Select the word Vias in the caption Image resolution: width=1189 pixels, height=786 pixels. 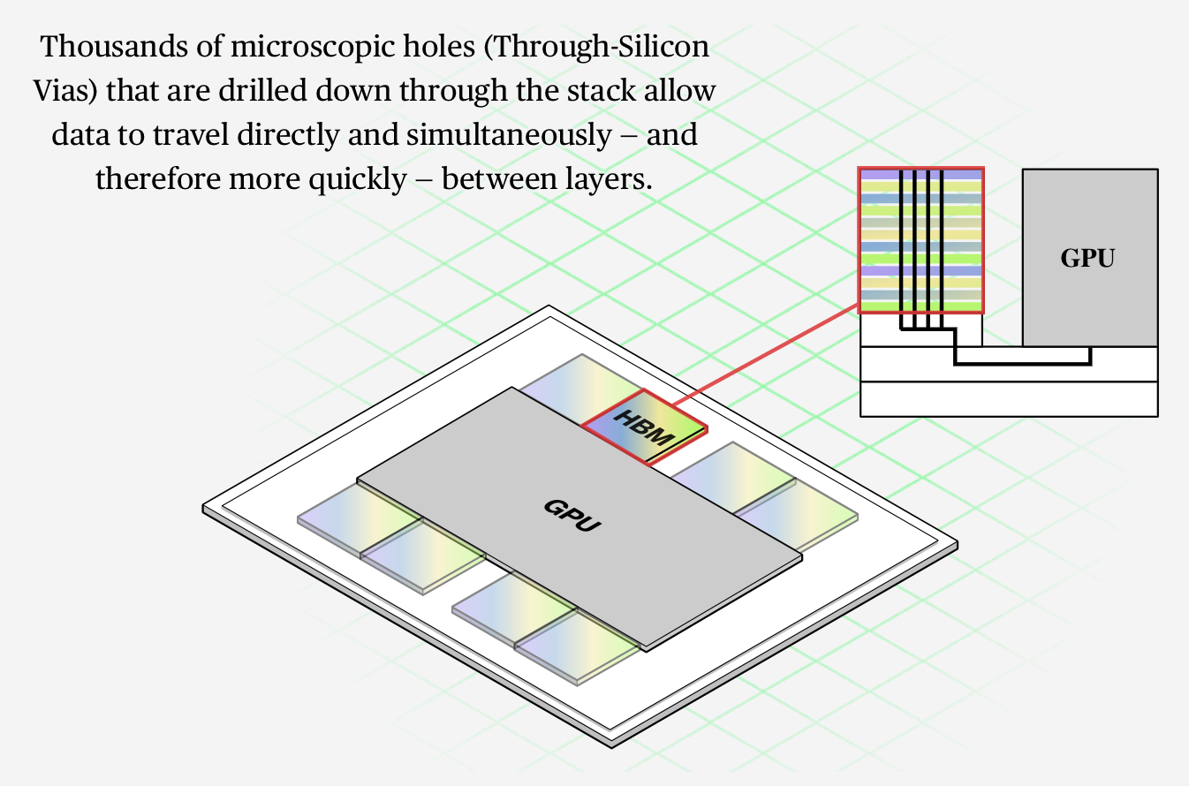pyautogui.click(x=63, y=91)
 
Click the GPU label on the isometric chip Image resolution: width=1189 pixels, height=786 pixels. pyautogui.click(x=573, y=514)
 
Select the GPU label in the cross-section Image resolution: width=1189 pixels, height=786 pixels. pyautogui.click(x=1087, y=258)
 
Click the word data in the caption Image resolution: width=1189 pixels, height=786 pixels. pyautogui.click(x=75, y=135)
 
